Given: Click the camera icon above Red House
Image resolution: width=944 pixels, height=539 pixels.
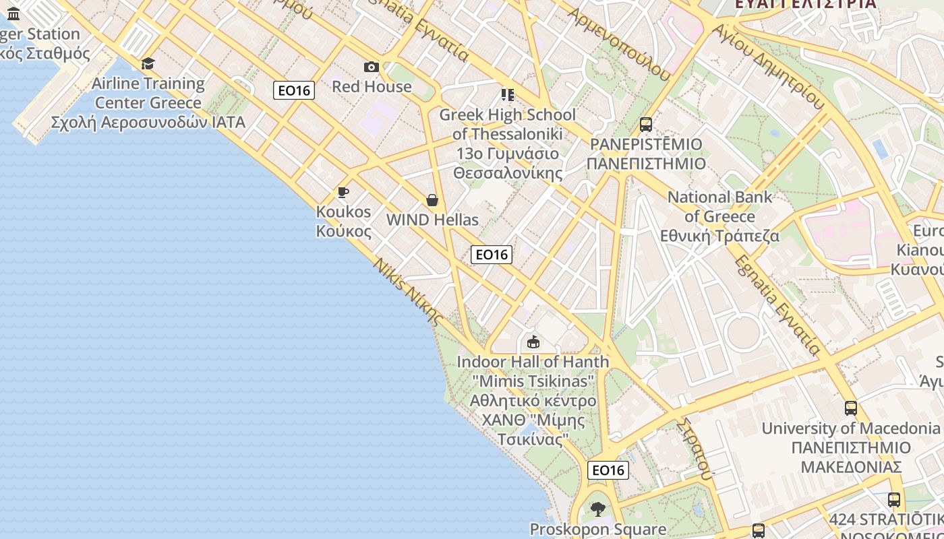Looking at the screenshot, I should pyautogui.click(x=371, y=67).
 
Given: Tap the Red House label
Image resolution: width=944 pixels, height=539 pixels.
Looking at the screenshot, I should pyautogui.click(x=372, y=86).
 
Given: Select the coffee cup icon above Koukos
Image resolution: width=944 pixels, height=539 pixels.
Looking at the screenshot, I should pyautogui.click(x=343, y=193).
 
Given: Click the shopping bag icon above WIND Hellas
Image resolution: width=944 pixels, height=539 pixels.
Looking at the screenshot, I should pyautogui.click(x=432, y=200).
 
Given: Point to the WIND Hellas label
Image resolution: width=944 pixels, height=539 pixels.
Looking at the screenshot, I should pyautogui.click(x=432, y=220).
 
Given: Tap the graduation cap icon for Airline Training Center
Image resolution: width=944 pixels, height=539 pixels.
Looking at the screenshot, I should pyautogui.click(x=148, y=63).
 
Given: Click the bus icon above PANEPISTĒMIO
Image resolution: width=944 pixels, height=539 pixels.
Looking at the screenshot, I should pyautogui.click(x=645, y=125).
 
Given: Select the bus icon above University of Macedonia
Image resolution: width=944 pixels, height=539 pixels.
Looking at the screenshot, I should pyautogui.click(x=850, y=408).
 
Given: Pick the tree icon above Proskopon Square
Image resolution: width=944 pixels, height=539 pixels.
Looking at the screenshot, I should pyautogui.click(x=597, y=509).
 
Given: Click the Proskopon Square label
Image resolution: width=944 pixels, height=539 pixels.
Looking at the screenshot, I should pyautogui.click(x=597, y=529).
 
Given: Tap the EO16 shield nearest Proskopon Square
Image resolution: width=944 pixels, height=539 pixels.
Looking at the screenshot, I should pyautogui.click(x=608, y=470).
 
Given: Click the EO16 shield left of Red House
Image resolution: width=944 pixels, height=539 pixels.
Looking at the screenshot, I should pyautogui.click(x=294, y=90).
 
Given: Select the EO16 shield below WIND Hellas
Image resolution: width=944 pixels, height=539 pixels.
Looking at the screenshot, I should pyautogui.click(x=492, y=254).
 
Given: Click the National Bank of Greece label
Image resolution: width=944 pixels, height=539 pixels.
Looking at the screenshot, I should pyautogui.click(x=719, y=216).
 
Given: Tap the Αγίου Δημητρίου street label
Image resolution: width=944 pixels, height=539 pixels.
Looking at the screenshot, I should pyautogui.click(x=769, y=67).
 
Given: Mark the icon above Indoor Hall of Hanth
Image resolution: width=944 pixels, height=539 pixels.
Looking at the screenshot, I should pyautogui.click(x=533, y=342).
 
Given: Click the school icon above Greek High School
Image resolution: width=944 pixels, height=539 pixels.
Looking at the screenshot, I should pyautogui.click(x=507, y=95).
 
